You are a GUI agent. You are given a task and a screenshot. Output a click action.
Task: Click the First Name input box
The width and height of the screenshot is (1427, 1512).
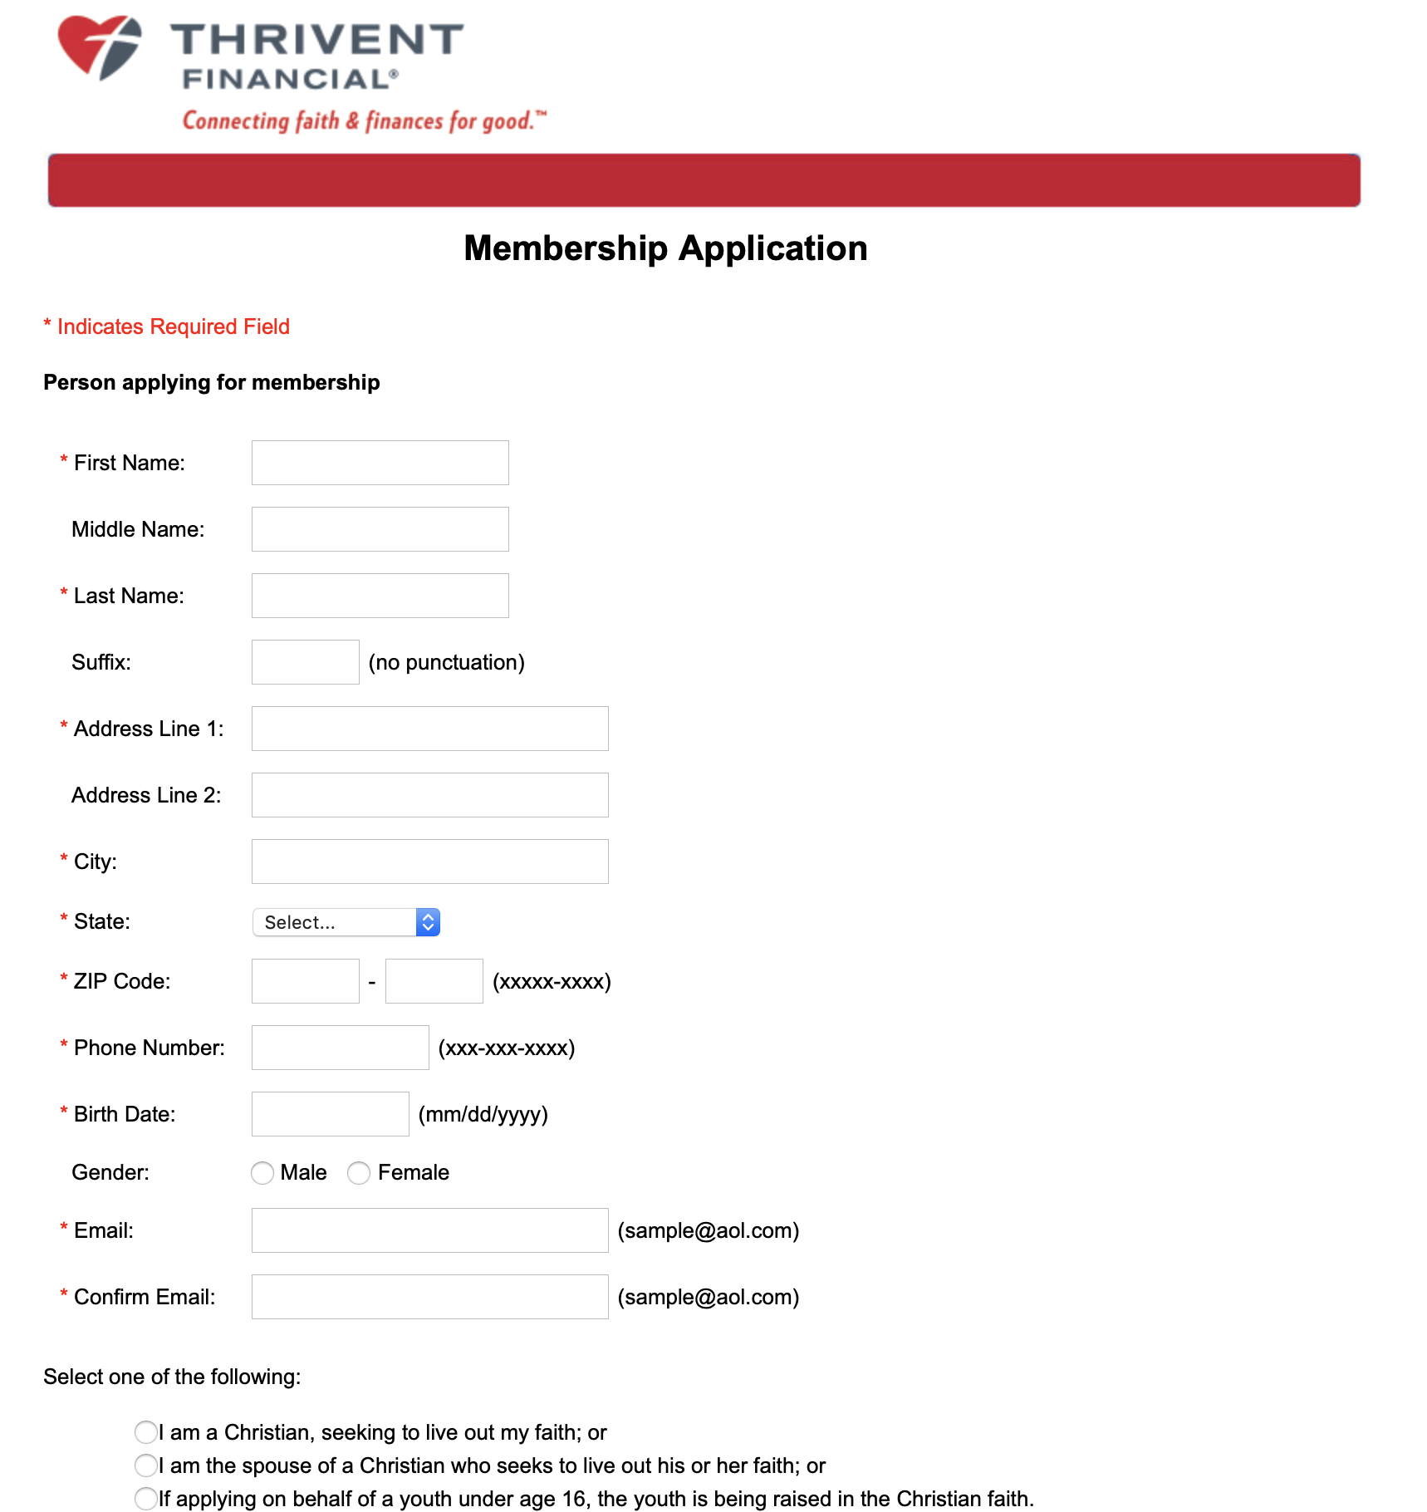tap(380, 463)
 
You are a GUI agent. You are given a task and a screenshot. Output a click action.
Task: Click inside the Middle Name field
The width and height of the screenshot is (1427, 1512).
tap(380, 529)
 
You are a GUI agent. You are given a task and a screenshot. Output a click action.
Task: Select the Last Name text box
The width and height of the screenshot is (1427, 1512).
tap(380, 596)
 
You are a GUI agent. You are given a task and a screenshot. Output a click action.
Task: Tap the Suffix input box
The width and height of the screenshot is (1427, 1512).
tap(305, 662)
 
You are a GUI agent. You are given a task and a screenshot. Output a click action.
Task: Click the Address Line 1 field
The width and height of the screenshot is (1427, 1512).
tap(429, 729)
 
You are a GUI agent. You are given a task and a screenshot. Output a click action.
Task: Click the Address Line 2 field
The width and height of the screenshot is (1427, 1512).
tap(429, 795)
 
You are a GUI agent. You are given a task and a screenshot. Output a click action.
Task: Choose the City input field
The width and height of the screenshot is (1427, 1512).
tap(429, 862)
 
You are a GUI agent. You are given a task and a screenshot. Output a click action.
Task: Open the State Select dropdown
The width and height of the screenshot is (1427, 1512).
tap(346, 922)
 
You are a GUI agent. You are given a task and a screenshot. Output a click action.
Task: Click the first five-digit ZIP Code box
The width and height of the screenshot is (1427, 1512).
tap(305, 981)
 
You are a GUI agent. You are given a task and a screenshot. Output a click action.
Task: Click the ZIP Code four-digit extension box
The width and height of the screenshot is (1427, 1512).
tap(434, 981)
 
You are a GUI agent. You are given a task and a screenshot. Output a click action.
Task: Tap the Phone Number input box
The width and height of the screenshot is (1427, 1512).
tap(340, 1048)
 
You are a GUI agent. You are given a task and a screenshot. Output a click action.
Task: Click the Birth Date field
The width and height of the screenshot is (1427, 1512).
tap(330, 1114)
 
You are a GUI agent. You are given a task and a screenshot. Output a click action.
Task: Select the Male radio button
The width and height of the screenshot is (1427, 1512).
tap(262, 1173)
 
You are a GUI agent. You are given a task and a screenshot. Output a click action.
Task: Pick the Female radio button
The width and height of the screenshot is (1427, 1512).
tap(359, 1173)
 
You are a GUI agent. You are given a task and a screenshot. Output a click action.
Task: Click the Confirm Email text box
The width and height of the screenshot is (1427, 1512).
tap(429, 1297)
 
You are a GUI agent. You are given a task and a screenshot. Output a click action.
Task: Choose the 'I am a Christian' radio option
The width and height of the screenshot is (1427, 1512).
tap(146, 1432)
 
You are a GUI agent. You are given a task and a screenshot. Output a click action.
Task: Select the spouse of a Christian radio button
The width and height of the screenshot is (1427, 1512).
tap(146, 1465)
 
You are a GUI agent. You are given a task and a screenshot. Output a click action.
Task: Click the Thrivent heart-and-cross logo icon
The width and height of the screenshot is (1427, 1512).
tap(100, 47)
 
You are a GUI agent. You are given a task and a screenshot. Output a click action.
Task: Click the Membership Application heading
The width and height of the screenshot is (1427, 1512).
tap(665, 248)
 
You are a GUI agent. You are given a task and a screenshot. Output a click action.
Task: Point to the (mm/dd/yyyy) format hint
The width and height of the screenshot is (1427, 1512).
tap(483, 1114)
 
